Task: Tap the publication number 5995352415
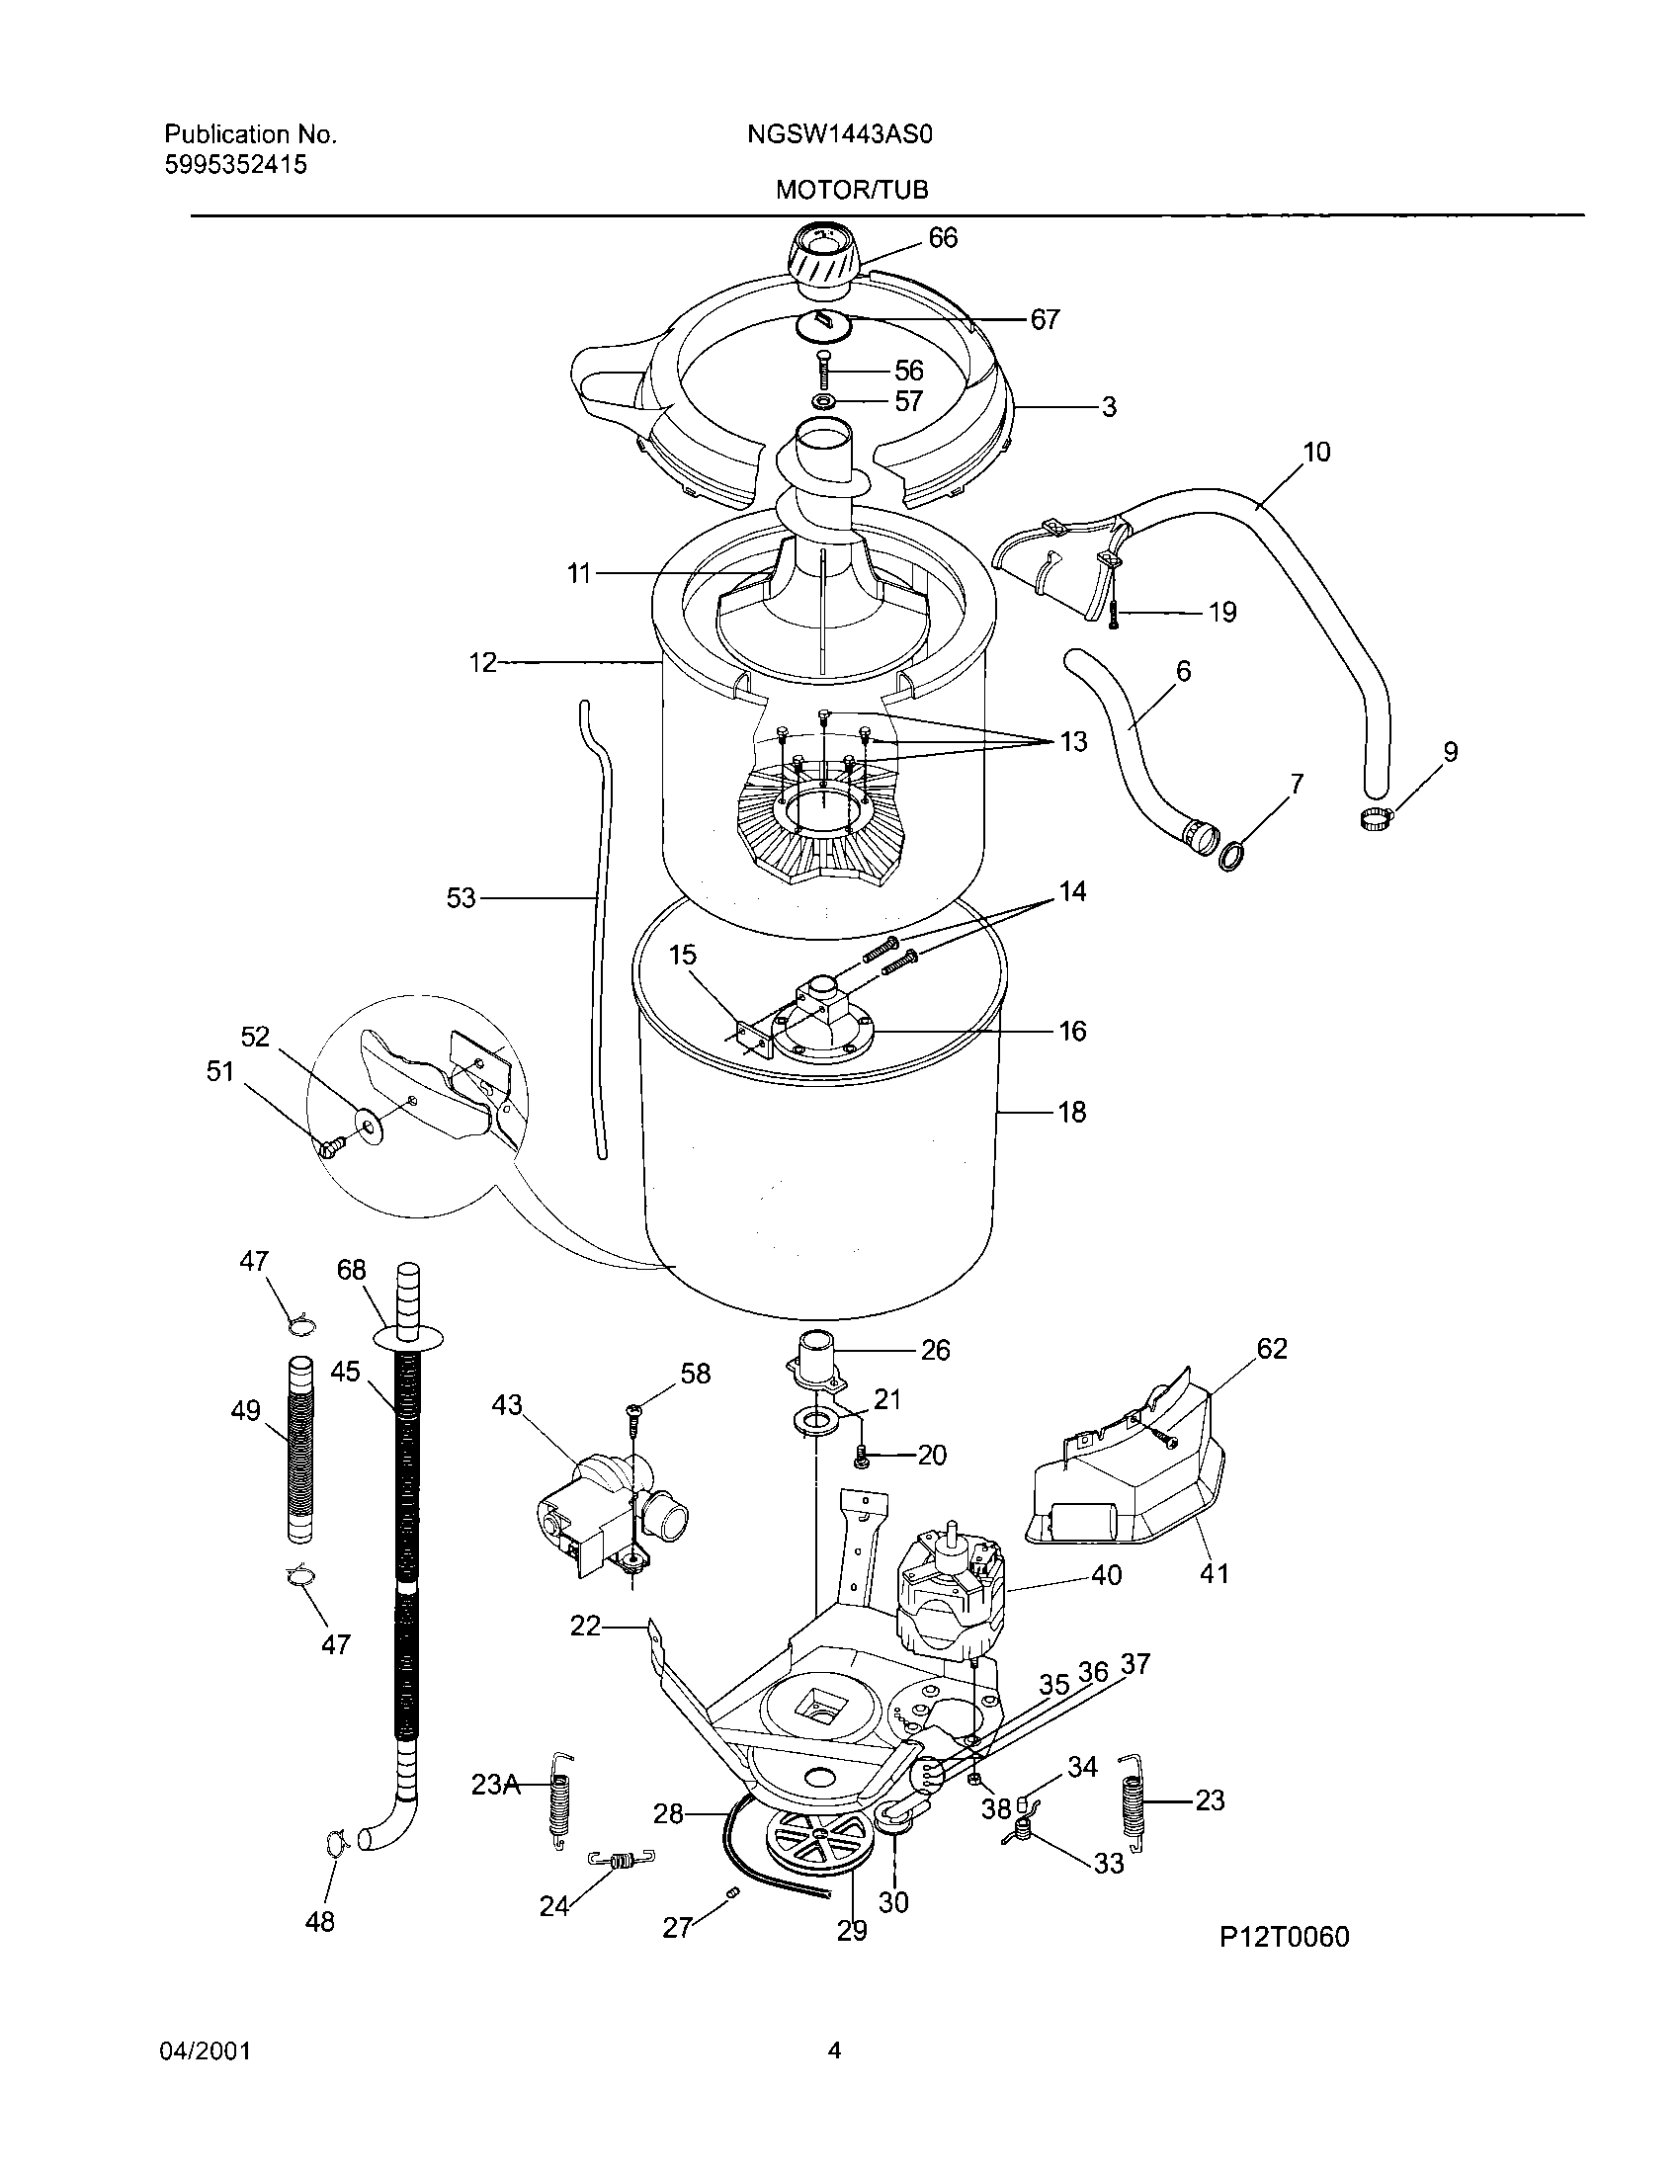(x=235, y=165)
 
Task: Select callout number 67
(x=1044, y=319)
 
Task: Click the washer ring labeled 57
(x=824, y=401)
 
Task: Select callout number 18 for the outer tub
(x=1072, y=1112)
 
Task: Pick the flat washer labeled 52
(x=371, y=1126)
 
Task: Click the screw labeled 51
(x=330, y=1146)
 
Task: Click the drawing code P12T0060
(x=1284, y=1937)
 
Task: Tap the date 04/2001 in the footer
(x=204, y=2049)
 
